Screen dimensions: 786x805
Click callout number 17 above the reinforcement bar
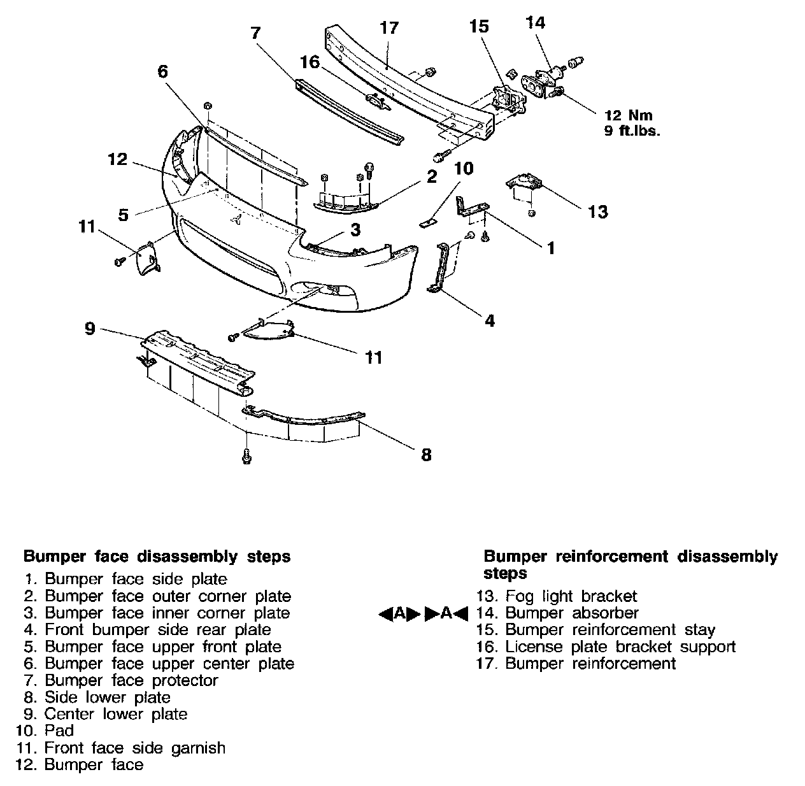[x=388, y=28]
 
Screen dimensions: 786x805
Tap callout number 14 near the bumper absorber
[x=536, y=23]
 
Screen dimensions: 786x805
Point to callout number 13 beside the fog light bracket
[x=598, y=211]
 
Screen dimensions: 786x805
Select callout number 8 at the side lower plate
[x=426, y=455]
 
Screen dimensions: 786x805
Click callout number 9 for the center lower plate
[x=90, y=329]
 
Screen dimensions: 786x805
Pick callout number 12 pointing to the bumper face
[x=118, y=159]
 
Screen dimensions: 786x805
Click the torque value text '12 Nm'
[x=629, y=116]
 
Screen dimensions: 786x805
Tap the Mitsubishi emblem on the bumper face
[x=237, y=219]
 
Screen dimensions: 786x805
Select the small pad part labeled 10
[x=428, y=223]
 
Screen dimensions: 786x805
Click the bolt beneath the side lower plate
[x=246, y=456]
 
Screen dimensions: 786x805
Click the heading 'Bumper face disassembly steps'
[x=157, y=557]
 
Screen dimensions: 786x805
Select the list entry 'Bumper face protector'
[x=131, y=680]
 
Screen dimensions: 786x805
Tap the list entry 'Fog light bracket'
[x=571, y=596]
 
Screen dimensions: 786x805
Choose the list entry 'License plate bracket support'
[x=620, y=647]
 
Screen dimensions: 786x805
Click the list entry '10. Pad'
[x=59, y=731]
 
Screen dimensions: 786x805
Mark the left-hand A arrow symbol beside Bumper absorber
[x=399, y=613]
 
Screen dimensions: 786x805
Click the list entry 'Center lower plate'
[x=115, y=714]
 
